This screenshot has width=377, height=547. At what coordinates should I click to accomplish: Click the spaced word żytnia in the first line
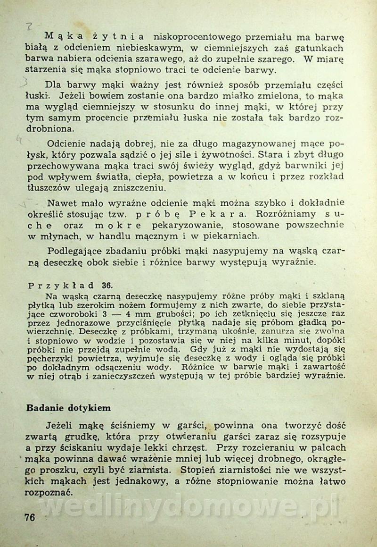pyautogui.click(x=120, y=36)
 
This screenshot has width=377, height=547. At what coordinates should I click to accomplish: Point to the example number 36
pyautogui.click(x=107, y=286)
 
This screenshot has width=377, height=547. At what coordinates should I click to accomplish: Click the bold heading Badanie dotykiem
pyautogui.click(x=68, y=407)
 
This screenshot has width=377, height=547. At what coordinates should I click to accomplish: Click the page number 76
pyautogui.click(x=30, y=517)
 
